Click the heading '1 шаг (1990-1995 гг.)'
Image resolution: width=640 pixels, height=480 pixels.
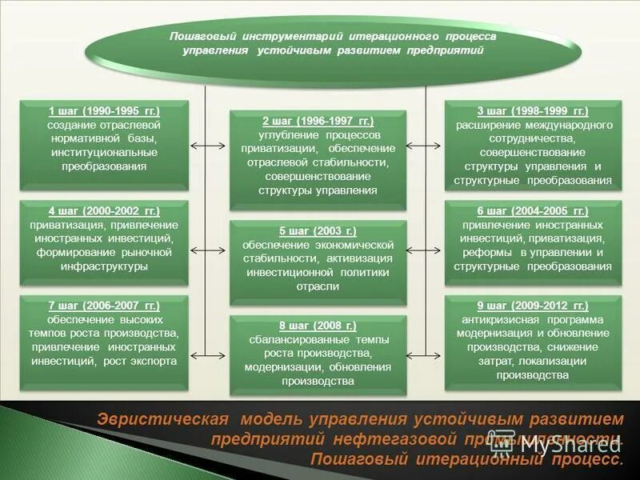tap(104, 111)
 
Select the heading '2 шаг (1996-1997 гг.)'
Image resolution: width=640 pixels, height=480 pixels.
tap(318, 121)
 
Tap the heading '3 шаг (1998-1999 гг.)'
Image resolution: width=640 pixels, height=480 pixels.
tap(533, 111)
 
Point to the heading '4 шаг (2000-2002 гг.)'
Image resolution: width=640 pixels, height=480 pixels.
tap(104, 211)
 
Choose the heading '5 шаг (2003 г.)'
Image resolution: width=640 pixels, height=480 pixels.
tap(318, 230)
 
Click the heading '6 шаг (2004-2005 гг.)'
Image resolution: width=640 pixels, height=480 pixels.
tap(533, 211)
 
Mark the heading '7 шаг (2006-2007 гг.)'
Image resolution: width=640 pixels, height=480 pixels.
tap(104, 306)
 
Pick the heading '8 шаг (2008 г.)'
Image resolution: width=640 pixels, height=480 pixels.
tap(318, 326)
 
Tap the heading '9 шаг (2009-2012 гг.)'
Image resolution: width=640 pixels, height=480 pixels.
tap(533, 306)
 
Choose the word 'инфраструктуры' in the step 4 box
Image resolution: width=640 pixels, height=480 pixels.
tap(104, 266)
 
